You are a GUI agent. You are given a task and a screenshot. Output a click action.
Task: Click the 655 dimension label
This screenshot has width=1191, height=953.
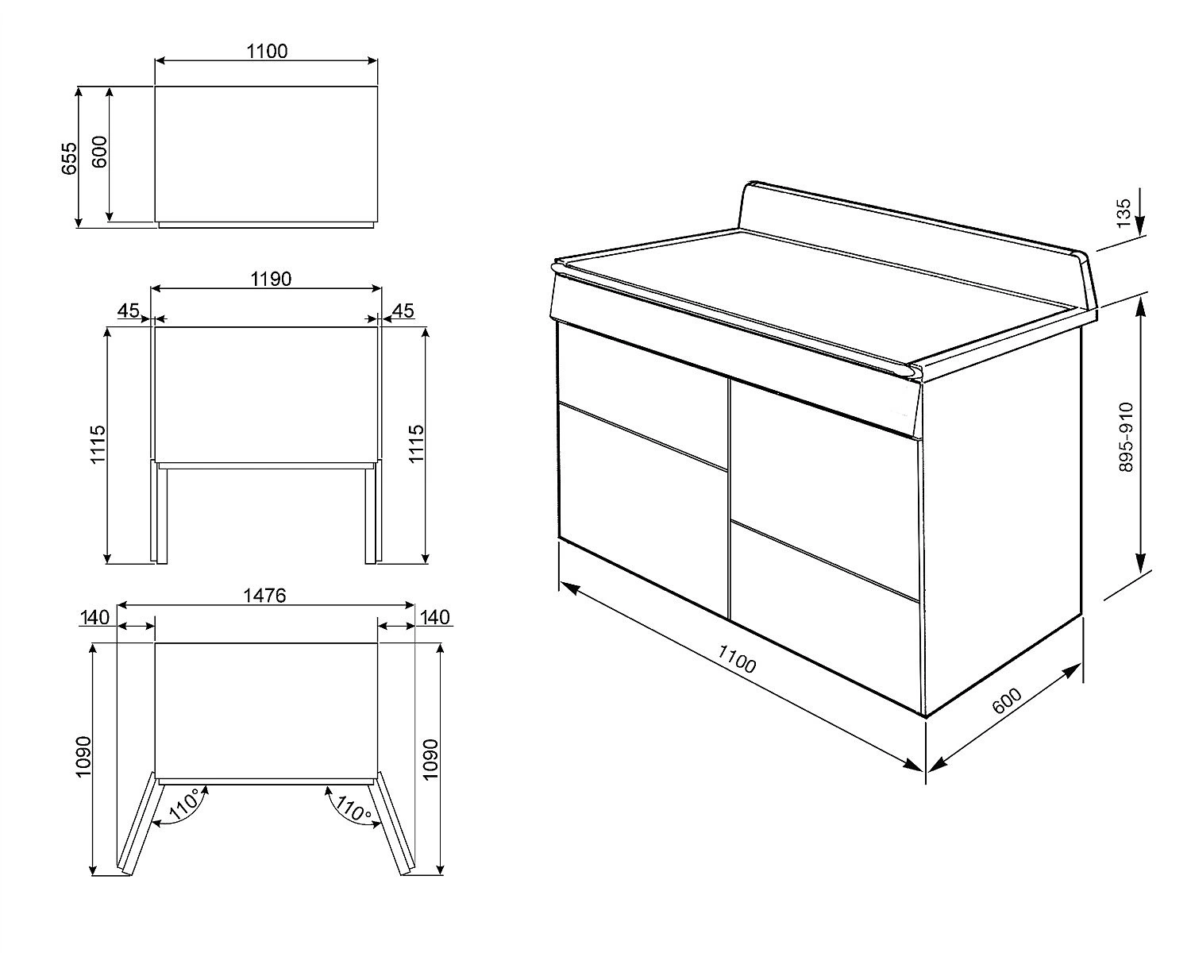click(x=69, y=159)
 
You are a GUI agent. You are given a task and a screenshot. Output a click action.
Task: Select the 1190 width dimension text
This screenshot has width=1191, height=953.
click(x=271, y=279)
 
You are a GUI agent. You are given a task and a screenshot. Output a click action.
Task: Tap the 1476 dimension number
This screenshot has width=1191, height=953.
click(x=265, y=596)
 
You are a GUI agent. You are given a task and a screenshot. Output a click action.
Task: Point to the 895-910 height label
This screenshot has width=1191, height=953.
click(x=1126, y=438)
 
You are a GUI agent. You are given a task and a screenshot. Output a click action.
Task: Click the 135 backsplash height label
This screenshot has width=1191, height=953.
click(x=1124, y=214)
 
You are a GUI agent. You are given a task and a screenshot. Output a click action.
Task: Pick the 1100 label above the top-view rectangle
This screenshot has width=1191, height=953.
click(x=267, y=52)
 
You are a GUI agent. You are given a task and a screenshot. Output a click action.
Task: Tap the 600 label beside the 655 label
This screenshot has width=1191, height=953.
click(x=99, y=152)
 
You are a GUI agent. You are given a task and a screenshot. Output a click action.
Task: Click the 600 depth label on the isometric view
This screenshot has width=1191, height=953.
click(x=1007, y=701)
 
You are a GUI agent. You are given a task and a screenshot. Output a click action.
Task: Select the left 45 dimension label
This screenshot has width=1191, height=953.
click(x=129, y=311)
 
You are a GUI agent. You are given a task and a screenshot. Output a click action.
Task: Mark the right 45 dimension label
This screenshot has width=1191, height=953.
click(x=403, y=311)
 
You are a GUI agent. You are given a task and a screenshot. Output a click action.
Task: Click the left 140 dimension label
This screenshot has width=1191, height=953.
click(x=95, y=617)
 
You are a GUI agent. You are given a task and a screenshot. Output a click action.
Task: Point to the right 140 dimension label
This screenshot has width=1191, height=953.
click(x=435, y=617)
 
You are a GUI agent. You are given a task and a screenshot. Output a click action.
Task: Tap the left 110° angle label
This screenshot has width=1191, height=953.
click(x=185, y=806)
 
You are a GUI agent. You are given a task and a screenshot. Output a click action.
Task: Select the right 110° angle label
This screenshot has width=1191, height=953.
click(x=353, y=809)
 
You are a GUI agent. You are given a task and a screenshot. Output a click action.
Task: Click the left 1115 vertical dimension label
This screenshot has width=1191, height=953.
click(x=98, y=444)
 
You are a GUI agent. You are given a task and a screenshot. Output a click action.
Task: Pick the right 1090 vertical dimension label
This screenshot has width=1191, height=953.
click(x=430, y=759)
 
